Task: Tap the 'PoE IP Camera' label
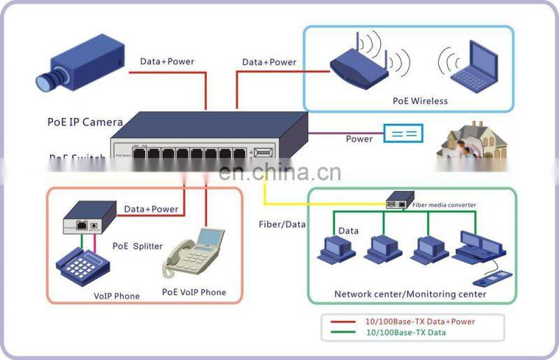85,122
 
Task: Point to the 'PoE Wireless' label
419,101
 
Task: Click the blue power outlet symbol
403,133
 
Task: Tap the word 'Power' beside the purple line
359,139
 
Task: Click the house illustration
472,143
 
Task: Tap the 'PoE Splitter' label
137,246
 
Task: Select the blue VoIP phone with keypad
82,265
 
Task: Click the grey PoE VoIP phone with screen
191,255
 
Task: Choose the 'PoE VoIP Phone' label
194,292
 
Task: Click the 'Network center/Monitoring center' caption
410,294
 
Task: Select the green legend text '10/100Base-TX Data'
405,333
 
